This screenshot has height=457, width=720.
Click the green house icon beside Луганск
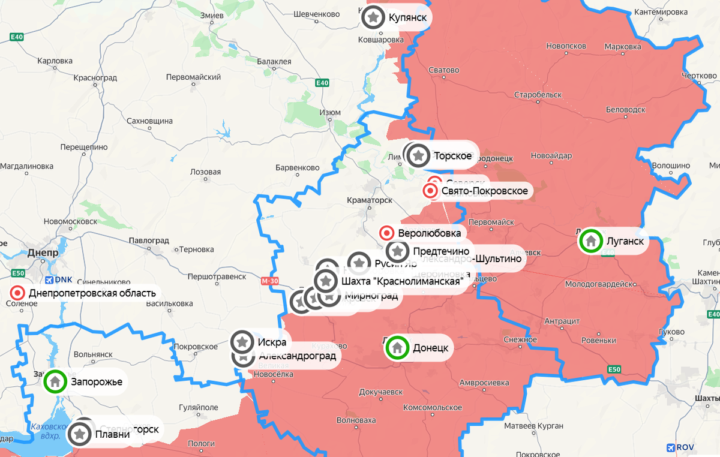click(x=591, y=241)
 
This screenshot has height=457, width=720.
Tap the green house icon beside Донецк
click(x=396, y=347)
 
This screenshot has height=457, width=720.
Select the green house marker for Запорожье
click(x=55, y=381)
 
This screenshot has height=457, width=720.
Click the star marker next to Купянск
click(x=373, y=17)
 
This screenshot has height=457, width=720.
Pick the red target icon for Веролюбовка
click(x=387, y=233)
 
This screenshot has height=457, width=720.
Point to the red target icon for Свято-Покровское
click(x=430, y=191)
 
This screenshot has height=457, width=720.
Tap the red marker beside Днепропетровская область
click(x=17, y=293)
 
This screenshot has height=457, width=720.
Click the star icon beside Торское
click(x=418, y=155)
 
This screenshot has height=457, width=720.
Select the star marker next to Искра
click(x=242, y=342)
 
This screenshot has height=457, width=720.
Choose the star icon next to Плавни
click(x=79, y=434)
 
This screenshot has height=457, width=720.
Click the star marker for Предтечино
click(x=397, y=251)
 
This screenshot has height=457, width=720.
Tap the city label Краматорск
click(x=370, y=200)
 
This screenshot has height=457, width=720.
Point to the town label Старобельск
click(x=538, y=95)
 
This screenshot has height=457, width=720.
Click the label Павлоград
click(x=148, y=240)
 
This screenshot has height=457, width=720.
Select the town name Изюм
click(x=330, y=112)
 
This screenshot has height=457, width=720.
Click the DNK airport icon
click(x=49, y=279)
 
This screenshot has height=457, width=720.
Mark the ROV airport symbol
click(x=671, y=447)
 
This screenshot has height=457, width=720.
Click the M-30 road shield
click(x=271, y=280)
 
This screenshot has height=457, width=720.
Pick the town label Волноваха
click(x=356, y=420)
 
